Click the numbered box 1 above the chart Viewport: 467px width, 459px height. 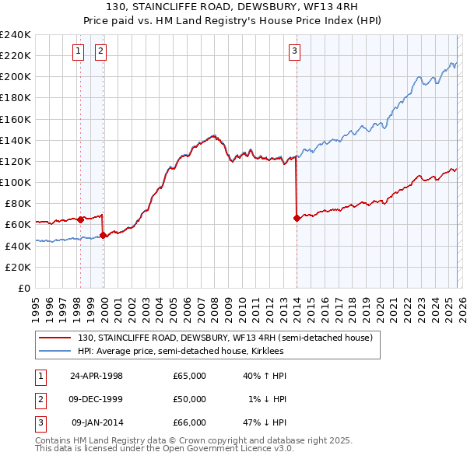(x=79, y=52)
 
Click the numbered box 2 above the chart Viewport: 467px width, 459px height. (x=101, y=52)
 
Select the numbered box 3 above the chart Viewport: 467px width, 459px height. (x=295, y=52)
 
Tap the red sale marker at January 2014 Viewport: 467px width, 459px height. (x=297, y=219)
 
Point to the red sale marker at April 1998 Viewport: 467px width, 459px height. (x=80, y=219)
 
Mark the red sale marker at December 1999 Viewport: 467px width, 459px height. (x=103, y=235)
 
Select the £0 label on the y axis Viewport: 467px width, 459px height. (x=25, y=288)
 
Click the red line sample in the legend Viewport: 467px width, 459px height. (x=55, y=338)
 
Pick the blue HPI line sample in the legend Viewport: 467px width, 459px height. (x=55, y=351)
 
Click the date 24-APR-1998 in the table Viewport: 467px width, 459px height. (x=97, y=376)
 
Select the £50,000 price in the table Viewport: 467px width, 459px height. (x=189, y=399)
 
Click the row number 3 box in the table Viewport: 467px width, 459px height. (x=40, y=422)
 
